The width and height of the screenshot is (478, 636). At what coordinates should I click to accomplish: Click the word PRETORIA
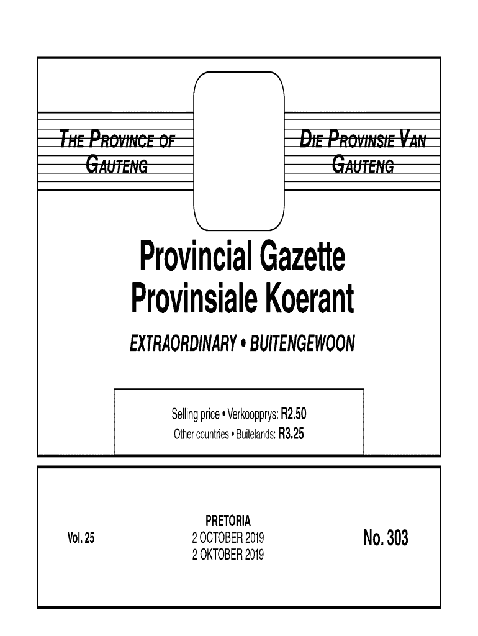[228, 520]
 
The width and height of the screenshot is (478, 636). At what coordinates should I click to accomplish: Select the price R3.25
[291, 434]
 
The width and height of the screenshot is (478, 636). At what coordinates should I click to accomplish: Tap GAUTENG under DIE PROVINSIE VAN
[364, 165]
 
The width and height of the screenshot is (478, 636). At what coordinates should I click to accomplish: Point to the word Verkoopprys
[253, 413]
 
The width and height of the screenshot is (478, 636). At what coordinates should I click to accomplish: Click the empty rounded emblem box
[239, 150]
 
